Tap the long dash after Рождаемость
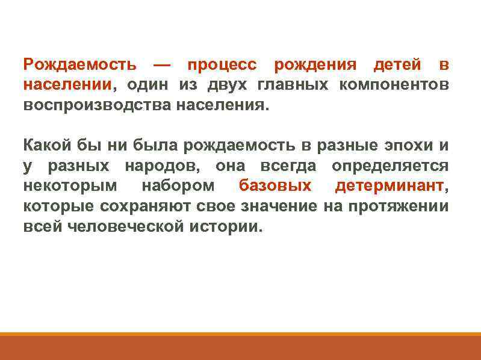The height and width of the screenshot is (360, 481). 161,64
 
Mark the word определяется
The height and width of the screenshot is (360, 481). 390,166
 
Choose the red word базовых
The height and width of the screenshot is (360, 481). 275,185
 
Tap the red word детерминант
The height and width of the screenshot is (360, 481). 389,185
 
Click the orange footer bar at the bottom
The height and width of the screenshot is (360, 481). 240,347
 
